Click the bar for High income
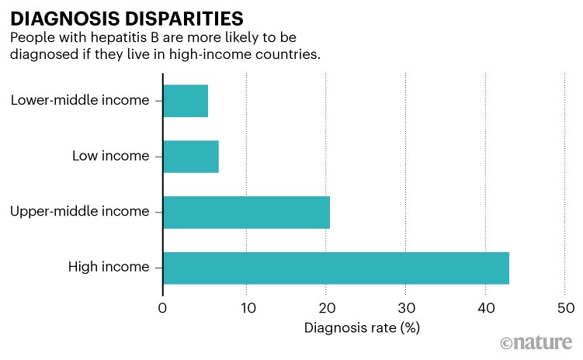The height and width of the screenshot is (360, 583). tap(336, 268)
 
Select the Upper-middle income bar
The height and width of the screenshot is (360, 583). tap(246, 212)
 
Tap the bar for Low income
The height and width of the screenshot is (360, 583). tap(191, 156)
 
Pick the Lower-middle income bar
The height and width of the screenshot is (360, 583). tap(186, 100)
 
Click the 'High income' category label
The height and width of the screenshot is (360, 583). tap(109, 268)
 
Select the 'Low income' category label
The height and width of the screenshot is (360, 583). tap(110, 156)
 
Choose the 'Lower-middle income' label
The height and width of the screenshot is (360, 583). tap(80, 100)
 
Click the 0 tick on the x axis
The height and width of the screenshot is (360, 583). tap(163, 308)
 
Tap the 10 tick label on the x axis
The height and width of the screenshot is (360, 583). tap(246, 308)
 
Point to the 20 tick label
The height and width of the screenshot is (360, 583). tap(326, 308)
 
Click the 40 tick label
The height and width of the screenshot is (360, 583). tap(485, 308)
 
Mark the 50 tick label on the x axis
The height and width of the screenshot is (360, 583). tap(565, 308)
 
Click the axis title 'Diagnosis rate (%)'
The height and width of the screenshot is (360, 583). tap(363, 327)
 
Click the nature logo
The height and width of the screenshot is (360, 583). tap(537, 343)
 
